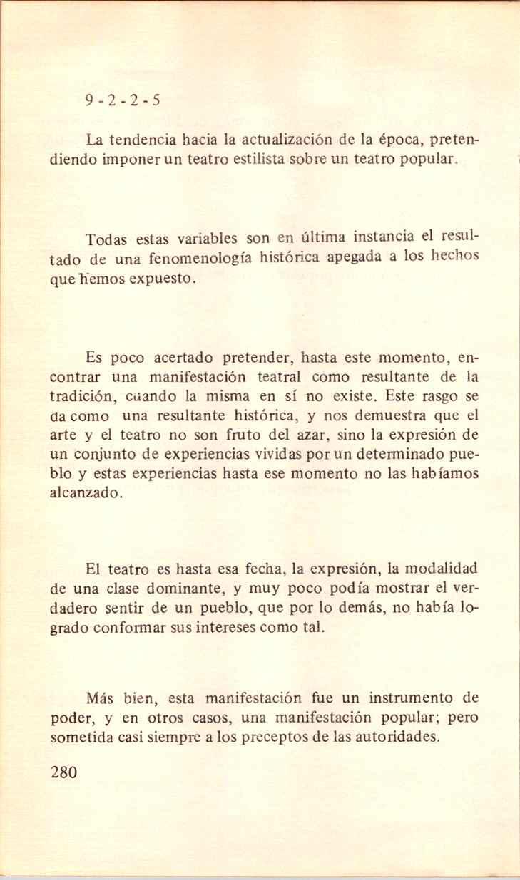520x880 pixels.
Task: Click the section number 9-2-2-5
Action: click(x=122, y=100)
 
